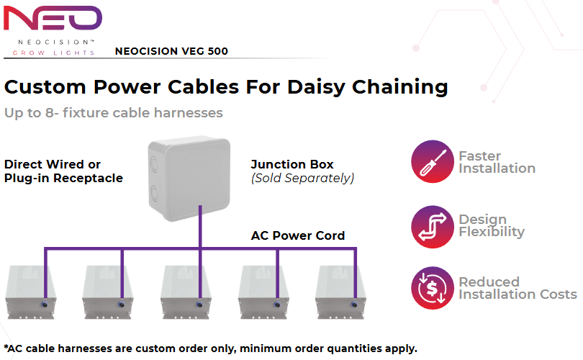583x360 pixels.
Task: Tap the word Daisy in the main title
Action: [318, 87]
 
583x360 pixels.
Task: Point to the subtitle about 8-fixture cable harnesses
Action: [113, 113]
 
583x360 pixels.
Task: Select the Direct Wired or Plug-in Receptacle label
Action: [63, 171]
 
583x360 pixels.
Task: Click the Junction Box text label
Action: [292, 165]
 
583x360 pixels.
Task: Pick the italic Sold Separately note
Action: [302, 178]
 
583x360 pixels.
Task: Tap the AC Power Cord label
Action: [297, 235]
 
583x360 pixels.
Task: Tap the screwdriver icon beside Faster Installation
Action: [432, 162]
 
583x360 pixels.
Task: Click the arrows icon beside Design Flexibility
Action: [432, 226]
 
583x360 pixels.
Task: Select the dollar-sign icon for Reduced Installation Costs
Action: [432, 288]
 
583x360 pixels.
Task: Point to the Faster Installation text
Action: [497, 162]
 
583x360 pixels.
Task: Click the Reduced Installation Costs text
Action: [518, 288]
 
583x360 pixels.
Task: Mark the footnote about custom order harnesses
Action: [210, 348]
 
